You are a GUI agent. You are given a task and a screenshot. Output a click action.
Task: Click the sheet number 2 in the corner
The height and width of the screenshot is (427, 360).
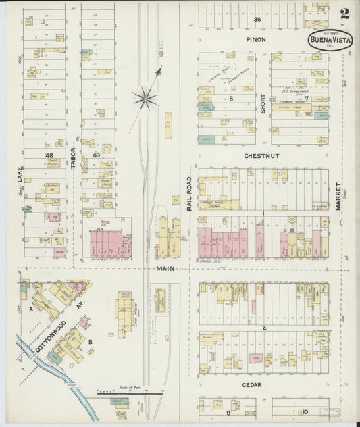coord(344,13)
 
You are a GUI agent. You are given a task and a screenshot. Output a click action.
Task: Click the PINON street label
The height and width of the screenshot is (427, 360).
coord(255,40)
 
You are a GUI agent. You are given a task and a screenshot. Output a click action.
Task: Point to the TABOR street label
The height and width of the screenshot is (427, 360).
coord(73,157)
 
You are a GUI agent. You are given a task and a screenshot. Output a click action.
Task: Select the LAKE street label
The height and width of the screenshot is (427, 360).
coord(21,176)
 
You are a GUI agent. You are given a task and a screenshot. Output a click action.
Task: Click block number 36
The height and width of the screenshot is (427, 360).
coord(257,20)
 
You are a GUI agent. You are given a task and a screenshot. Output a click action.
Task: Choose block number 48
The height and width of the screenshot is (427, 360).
coord(49,155)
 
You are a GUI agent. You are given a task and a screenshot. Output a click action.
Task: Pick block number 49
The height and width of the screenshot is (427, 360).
coord(96,155)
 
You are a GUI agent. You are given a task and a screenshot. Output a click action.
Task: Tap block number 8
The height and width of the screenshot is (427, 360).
coord(230,99)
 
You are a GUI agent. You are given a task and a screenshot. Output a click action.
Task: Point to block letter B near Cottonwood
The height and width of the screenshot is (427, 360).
coord(90,342)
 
